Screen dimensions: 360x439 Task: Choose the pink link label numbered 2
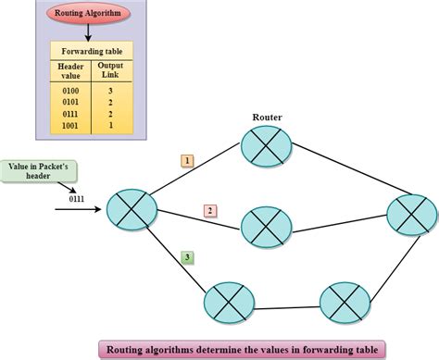[210, 210]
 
